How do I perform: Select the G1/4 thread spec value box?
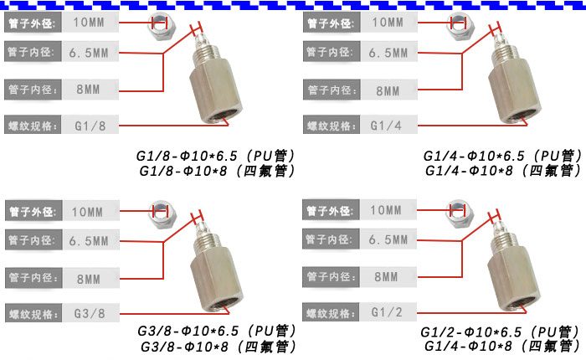386,126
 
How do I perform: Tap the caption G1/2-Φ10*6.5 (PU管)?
501,332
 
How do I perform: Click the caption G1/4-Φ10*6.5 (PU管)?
501,156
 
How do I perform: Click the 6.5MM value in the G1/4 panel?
386,54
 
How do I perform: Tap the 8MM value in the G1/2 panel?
386,276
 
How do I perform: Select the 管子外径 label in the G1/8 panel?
32,23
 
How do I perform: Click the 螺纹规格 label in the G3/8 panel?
32,314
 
